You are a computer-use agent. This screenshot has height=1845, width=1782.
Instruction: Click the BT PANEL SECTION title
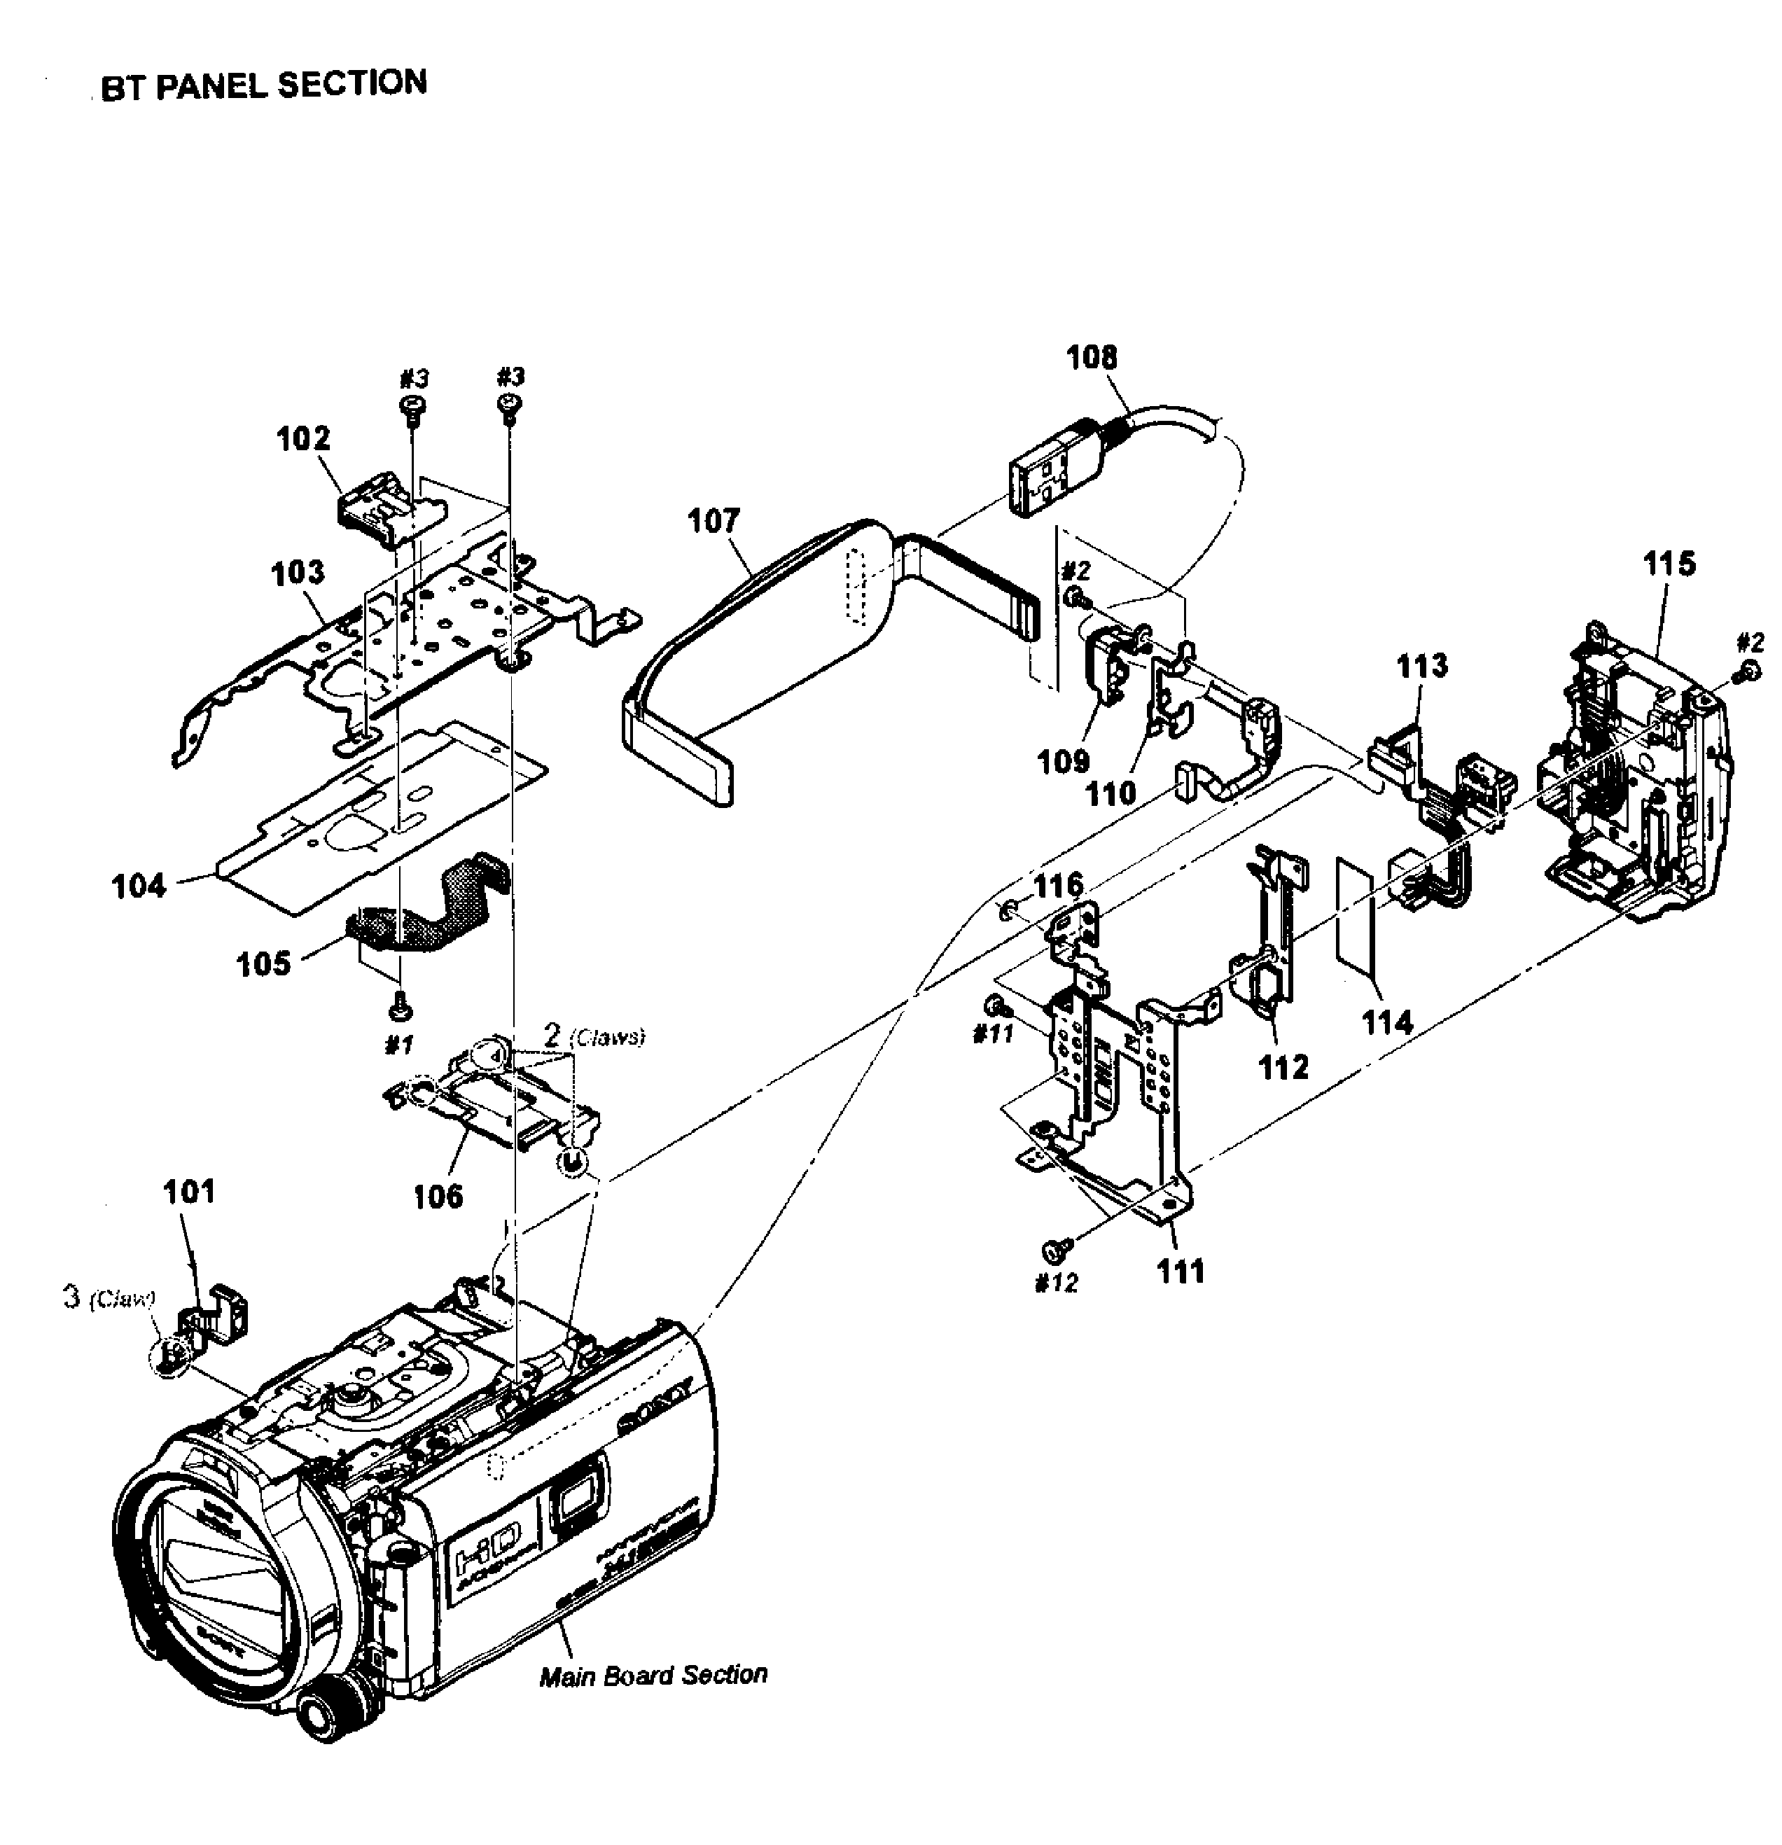pos(263,85)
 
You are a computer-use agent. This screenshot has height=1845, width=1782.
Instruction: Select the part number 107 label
pos(714,520)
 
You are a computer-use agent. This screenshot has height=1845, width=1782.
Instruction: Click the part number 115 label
pos(1669,564)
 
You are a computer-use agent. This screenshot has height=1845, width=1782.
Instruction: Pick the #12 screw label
pos(1055,1283)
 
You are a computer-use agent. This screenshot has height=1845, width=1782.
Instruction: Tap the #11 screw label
pos(992,1033)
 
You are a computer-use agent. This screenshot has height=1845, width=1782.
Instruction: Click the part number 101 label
pos(188,1192)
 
